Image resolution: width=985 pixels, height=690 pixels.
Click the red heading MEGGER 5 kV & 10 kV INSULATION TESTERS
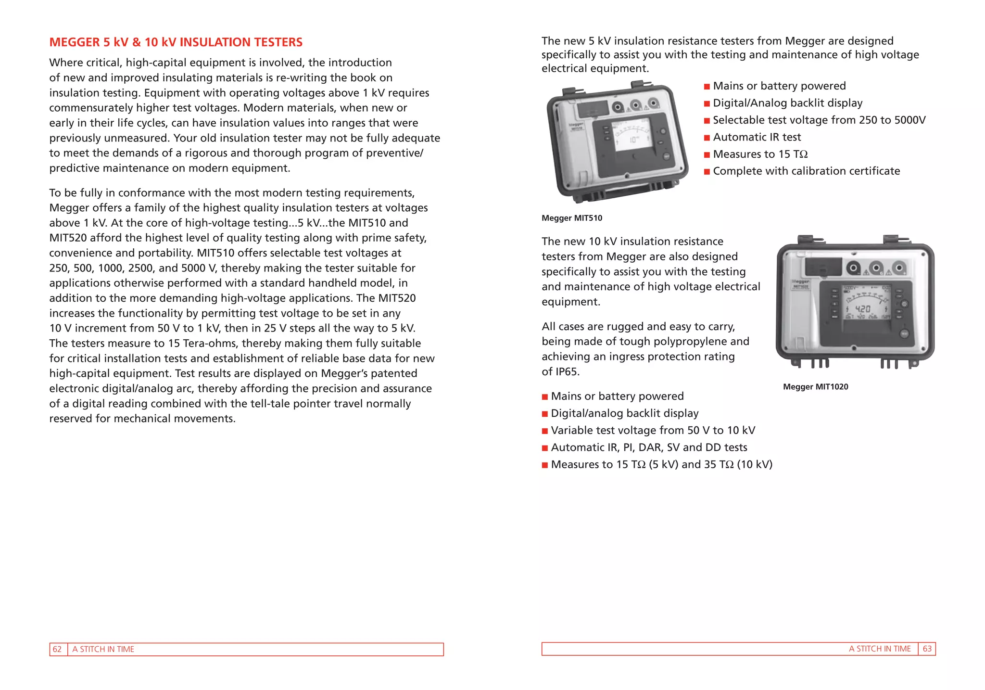tap(176, 42)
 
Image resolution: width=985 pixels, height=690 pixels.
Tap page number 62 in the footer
tap(57, 649)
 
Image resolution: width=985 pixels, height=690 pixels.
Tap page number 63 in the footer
tap(927, 649)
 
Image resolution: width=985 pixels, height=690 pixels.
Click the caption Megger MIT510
tap(571, 218)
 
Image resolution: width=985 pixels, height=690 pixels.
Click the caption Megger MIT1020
tap(815, 387)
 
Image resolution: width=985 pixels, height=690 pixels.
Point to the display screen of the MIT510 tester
tap(631, 135)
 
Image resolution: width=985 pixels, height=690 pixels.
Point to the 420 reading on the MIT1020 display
tap(863, 308)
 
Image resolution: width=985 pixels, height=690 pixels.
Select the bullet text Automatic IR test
tap(757, 137)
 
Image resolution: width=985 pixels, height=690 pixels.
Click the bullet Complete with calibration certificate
tap(806, 171)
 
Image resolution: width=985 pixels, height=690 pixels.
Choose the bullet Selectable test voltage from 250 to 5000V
tap(819, 120)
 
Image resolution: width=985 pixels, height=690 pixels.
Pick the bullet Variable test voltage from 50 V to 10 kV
tap(653, 431)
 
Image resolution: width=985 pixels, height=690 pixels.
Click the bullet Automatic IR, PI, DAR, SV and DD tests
tap(649, 447)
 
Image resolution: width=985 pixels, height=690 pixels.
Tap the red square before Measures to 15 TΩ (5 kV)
tap(545, 465)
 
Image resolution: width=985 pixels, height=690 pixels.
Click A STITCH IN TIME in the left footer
tap(103, 649)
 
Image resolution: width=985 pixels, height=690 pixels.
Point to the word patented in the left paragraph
tap(393, 373)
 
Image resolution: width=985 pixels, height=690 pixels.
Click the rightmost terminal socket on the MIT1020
tap(898, 268)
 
